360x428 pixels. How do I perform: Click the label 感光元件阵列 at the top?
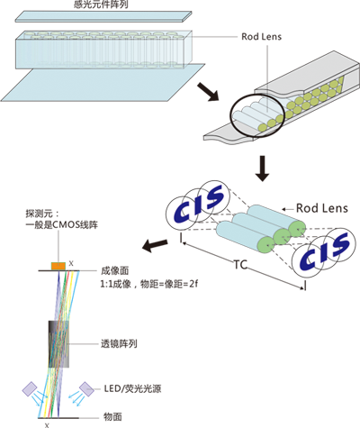pos(101,5)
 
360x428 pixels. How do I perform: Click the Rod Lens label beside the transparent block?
pos(262,37)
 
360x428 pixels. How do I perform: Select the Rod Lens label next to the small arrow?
pos(322,208)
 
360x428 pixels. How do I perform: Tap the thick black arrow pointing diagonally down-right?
pos(208,92)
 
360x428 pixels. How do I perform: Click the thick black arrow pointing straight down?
pos(263,168)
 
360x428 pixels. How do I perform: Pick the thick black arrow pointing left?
pos(155,245)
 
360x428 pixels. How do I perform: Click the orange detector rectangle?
pos(58,266)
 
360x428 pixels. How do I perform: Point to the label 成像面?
pos(114,270)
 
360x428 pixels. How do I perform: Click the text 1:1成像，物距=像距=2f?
pos(148,284)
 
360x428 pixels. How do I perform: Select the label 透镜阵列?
pos(119,343)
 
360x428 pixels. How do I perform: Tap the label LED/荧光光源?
pos(132,388)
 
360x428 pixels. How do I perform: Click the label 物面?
pos(112,416)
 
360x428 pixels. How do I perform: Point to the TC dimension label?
pos(240,265)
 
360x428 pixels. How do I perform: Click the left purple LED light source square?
pos(30,388)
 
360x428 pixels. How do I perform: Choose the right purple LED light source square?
pos(86,388)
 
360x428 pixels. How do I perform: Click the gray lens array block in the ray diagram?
pos(58,344)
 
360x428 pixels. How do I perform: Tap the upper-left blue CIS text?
pos(199,202)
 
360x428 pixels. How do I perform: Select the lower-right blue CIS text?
pos(325,251)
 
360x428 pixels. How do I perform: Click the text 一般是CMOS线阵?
pos(62,224)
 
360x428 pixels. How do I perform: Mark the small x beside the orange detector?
pos(71,263)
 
